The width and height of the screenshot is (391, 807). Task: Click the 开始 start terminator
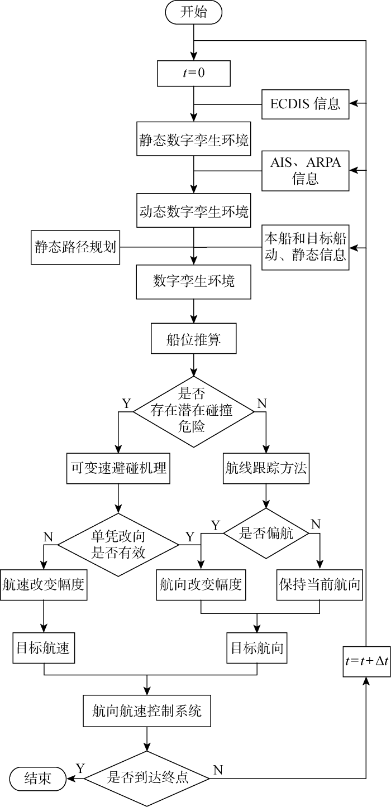pyautogui.click(x=193, y=13)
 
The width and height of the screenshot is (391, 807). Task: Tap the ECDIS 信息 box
pyautogui.click(x=306, y=103)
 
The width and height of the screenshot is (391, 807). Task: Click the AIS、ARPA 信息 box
pyautogui.click(x=306, y=170)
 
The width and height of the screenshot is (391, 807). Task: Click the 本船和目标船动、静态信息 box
pyautogui.click(x=306, y=246)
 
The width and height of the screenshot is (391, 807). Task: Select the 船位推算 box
pyautogui.click(x=193, y=338)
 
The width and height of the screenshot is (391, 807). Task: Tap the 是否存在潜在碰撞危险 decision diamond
pyautogui.click(x=193, y=411)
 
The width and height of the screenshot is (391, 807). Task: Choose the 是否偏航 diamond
pyautogui.click(x=266, y=533)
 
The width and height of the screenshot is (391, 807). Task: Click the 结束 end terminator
pyautogui.click(x=38, y=777)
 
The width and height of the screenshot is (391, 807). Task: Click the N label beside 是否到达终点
pyautogui.click(x=218, y=770)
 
